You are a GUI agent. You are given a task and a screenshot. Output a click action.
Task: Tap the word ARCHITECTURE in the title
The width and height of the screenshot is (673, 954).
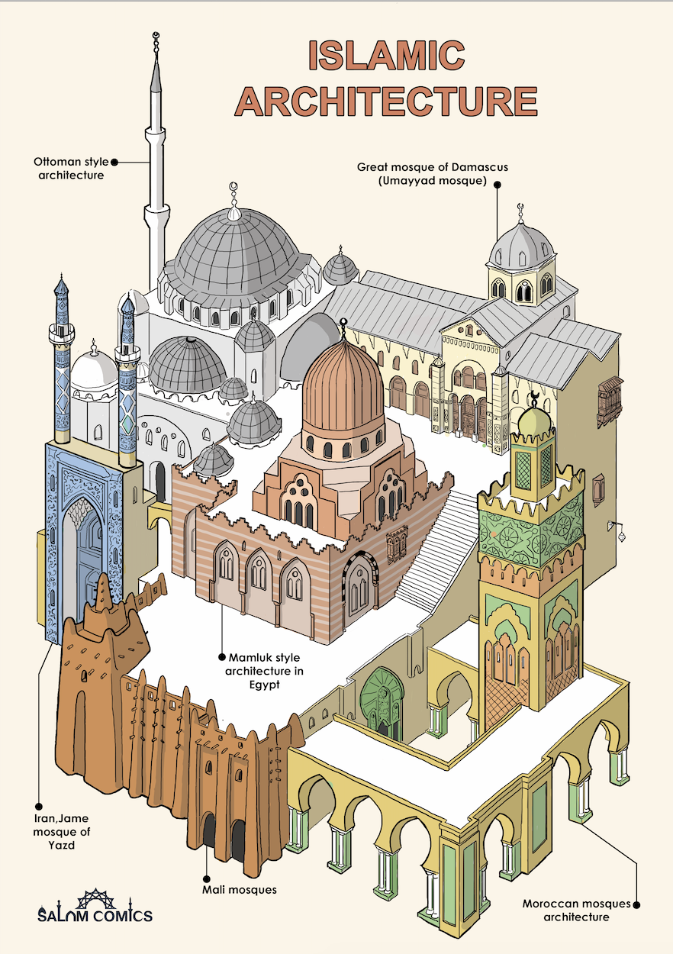(386, 101)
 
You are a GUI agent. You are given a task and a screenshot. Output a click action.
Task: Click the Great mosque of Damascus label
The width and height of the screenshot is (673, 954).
(421, 173)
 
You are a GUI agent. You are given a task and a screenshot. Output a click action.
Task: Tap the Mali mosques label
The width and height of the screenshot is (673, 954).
(239, 889)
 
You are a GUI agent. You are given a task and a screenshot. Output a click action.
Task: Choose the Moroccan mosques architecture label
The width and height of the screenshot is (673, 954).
(577, 910)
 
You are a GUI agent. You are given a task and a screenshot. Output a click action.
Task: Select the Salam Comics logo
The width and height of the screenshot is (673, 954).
(95, 907)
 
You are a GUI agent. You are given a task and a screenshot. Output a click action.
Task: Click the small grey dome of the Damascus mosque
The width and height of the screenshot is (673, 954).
(522, 244)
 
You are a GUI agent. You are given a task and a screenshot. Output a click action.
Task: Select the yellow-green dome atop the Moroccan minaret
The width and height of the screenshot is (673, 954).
(534, 421)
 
